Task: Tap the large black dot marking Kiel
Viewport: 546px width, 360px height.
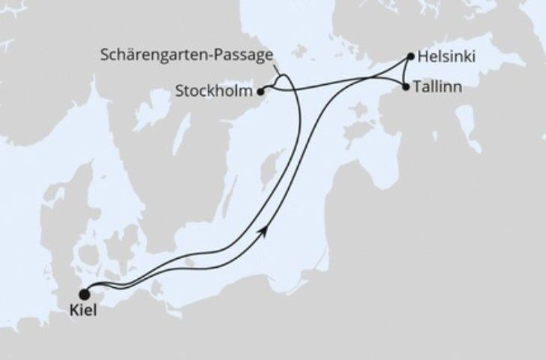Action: click(83, 294)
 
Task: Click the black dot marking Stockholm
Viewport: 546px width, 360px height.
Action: click(260, 92)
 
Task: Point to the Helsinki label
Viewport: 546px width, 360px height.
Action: click(445, 56)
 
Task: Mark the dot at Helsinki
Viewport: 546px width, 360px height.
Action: click(411, 56)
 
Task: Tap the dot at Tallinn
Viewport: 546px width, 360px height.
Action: click(406, 88)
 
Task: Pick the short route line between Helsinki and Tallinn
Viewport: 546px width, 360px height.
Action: click(404, 72)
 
